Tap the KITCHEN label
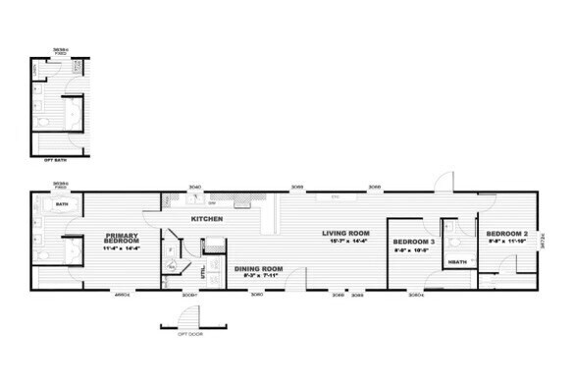[x=206, y=218]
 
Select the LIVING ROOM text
[x=344, y=233]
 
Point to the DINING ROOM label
[x=258, y=268]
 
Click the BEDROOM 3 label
[x=413, y=241]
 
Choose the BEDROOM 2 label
[x=505, y=233]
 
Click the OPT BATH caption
[x=54, y=158]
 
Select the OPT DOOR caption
[x=177, y=333]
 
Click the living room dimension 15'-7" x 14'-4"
[x=344, y=241]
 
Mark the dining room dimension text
[x=258, y=276]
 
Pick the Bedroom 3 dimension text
[x=413, y=250]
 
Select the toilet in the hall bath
[x=453, y=241]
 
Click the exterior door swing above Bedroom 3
[x=445, y=183]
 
